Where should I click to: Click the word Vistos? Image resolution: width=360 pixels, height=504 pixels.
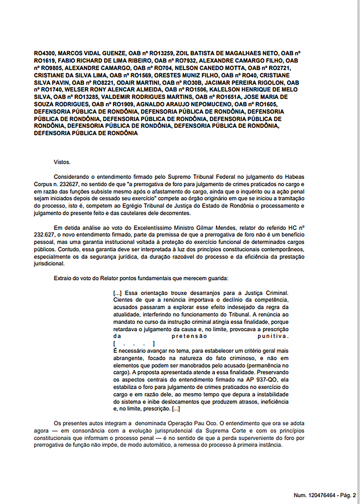62,162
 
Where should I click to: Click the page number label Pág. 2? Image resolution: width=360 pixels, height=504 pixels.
348,495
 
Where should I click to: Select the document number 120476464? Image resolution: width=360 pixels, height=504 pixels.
323,495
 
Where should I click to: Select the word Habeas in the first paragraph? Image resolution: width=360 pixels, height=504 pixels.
294,177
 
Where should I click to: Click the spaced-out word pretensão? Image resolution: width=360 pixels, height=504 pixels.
189,336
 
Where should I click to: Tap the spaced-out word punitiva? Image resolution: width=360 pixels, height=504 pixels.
273,336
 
